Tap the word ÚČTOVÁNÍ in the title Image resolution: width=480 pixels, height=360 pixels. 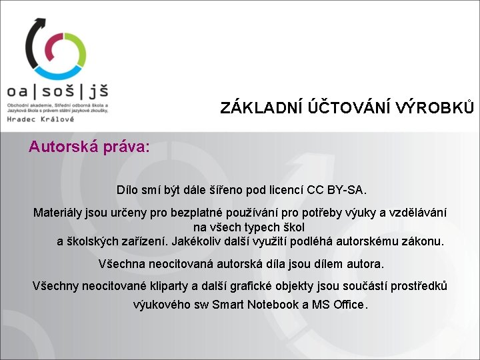click(x=349, y=107)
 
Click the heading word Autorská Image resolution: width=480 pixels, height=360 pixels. click(x=64, y=146)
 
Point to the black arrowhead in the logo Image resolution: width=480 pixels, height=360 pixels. click(x=41, y=23)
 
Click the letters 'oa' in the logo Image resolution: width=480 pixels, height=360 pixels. click(x=17, y=91)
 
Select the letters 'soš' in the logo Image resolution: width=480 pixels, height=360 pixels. click(x=58, y=90)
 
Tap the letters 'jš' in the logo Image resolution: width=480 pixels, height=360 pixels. click(x=99, y=91)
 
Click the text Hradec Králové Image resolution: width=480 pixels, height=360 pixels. click(x=41, y=119)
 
